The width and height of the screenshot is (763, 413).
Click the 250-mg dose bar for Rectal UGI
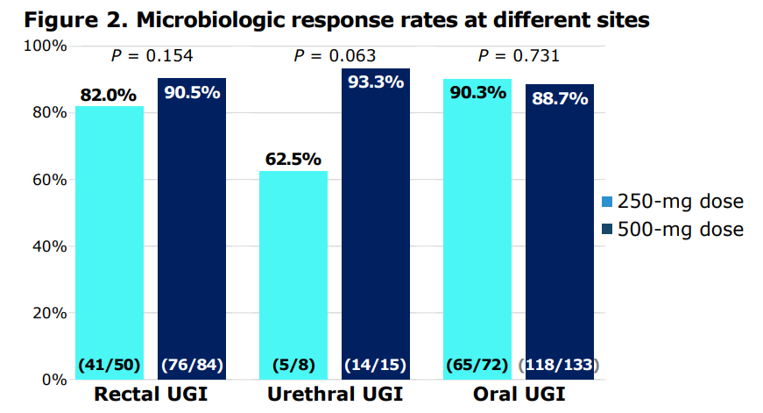(110, 237)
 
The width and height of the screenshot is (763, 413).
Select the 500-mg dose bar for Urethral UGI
(376, 219)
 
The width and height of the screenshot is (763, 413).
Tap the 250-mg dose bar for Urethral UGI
(293, 272)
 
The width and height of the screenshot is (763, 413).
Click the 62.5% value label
(293, 160)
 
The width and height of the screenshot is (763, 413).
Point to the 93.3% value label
(376, 82)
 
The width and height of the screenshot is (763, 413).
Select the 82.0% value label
(110, 95)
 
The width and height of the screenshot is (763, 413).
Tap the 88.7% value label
(560, 98)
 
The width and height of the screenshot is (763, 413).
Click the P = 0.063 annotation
(335, 56)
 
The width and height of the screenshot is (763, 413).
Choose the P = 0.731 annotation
(519, 56)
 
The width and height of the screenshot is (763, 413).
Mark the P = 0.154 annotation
(152, 56)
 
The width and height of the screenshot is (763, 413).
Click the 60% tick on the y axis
(46, 180)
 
